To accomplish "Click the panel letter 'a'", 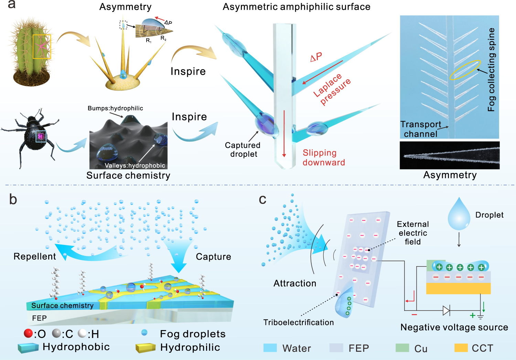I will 12,5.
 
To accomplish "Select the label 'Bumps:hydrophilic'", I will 115,108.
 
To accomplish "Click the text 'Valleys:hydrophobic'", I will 135,165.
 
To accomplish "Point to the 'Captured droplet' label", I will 243,150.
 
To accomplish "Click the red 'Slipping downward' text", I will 324,157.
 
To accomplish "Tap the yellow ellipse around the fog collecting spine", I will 465,70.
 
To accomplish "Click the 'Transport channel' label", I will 420,129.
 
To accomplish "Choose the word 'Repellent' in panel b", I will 34,257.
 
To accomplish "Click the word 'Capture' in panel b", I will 213,257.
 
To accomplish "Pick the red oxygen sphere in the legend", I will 28,333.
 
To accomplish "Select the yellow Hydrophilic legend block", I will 146,348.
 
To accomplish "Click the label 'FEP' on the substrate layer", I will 39,318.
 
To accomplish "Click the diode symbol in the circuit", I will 446,311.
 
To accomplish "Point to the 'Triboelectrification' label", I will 298,323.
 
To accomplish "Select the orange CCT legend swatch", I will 461,348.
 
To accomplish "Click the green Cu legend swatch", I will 402,348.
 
